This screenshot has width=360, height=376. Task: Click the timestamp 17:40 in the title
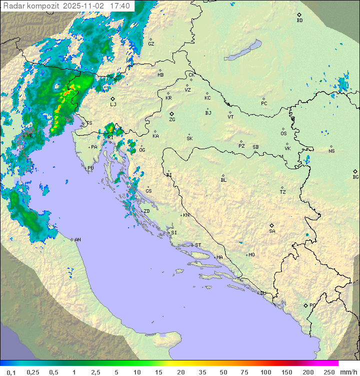point(120,6)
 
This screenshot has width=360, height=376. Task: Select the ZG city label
point(172,120)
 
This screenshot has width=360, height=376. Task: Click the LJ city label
point(113,104)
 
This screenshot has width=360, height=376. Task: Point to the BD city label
point(299,21)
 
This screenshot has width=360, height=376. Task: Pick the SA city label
point(272,231)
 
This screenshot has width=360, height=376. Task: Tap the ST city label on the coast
point(198,245)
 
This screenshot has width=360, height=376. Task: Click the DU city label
point(262,293)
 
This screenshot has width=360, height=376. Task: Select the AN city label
point(77,240)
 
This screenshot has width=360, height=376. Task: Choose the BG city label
point(355,177)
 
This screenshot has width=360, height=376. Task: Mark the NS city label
point(331,151)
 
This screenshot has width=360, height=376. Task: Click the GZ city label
point(151,44)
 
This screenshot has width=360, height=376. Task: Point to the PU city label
point(90,168)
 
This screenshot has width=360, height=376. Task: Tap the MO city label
point(251,254)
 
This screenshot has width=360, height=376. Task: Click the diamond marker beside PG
point(305,305)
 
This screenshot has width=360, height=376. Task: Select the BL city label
point(223,180)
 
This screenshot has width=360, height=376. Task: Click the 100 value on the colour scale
point(265,372)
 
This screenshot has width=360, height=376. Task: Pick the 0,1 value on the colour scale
point(11,372)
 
